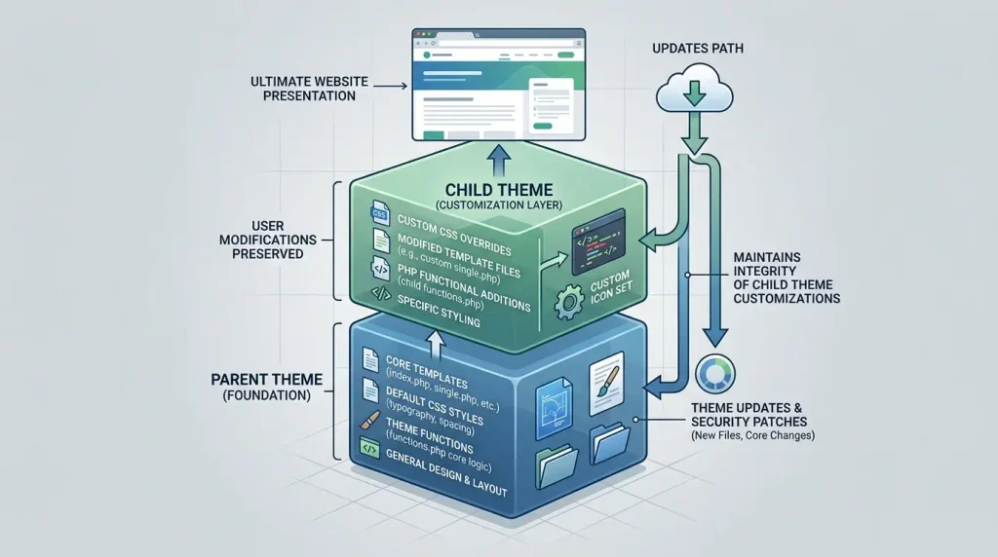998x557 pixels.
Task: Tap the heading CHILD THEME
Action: point(499,190)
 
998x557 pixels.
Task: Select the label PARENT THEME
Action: point(267,380)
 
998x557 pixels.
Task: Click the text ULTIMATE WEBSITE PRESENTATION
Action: point(309,89)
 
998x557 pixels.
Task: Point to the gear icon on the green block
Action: point(568,302)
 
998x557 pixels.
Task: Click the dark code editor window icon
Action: point(598,241)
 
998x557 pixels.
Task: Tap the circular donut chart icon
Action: point(715,374)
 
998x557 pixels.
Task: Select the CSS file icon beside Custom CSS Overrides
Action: point(380,213)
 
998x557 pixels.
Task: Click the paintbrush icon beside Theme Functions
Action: point(369,421)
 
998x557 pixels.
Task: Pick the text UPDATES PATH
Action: point(698,49)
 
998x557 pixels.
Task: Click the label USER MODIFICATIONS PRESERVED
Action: point(268,240)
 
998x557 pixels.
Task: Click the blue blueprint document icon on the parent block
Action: point(555,409)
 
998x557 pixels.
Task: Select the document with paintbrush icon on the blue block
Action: point(606,384)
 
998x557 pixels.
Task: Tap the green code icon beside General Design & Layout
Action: point(369,448)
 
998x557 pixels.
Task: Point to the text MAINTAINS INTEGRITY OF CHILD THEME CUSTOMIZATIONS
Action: point(787,278)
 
